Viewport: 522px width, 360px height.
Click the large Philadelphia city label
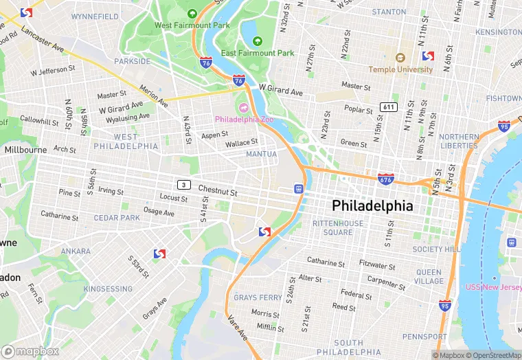[x=372, y=205]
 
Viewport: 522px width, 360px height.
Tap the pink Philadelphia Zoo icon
[x=242, y=107]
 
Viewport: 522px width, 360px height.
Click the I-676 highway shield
[x=386, y=179]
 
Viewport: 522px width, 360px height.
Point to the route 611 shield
[x=389, y=107]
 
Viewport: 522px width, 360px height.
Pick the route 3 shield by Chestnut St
[x=183, y=184]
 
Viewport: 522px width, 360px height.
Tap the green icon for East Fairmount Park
[x=258, y=41]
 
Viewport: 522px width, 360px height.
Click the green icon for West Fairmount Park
[x=193, y=14]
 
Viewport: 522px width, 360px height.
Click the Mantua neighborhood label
[x=262, y=155]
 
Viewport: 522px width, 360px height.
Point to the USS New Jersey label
[x=492, y=286]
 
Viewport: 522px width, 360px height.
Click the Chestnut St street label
[x=218, y=189]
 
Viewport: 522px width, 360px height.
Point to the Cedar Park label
[x=117, y=218]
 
